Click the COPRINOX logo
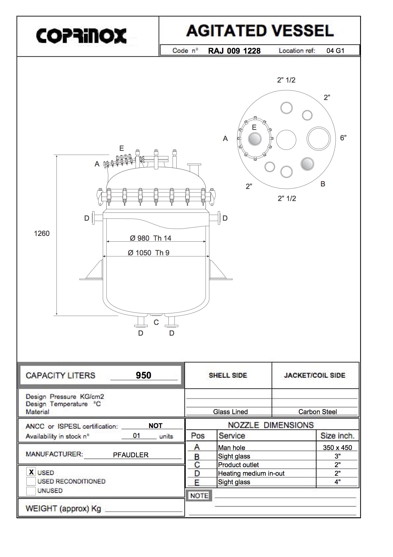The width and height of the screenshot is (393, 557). tap(81, 36)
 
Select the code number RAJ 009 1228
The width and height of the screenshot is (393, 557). tap(234, 51)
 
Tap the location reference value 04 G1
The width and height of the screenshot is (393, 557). tap(335, 50)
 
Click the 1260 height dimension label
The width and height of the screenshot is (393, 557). tap(42, 233)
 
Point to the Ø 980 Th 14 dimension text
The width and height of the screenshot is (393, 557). tap(151, 238)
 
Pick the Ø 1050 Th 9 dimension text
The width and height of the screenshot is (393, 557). tap(148, 253)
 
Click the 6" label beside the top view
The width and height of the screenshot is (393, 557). tap(343, 138)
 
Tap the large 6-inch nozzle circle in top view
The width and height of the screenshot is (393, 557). tap(318, 139)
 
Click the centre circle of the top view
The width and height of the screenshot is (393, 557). tap(286, 140)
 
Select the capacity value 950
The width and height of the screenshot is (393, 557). tap(143, 375)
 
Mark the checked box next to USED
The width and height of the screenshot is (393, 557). tap(31, 472)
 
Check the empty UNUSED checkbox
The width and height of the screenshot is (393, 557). tap(31, 491)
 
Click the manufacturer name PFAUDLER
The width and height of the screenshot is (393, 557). tap(131, 455)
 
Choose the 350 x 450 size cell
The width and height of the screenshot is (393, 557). tap(337, 447)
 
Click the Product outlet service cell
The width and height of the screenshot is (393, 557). tap(239, 465)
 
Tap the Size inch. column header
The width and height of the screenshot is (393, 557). tap(337, 436)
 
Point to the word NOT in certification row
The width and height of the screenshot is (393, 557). tap(155, 426)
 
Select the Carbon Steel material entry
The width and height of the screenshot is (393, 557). tap(318, 412)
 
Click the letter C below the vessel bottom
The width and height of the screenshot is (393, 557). tap(156, 322)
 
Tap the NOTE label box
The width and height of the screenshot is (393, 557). tap(199, 495)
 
